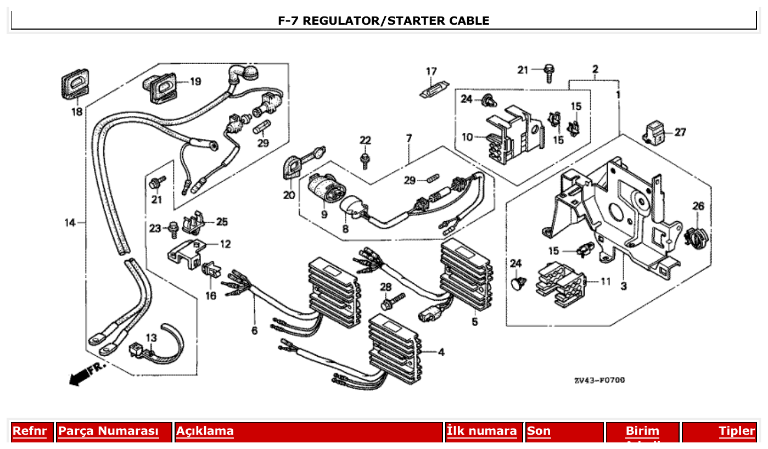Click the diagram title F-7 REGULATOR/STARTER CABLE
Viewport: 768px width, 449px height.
[383, 21]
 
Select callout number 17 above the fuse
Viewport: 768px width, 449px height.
[431, 71]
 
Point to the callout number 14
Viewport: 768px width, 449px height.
[69, 222]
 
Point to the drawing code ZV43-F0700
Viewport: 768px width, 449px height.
[599, 380]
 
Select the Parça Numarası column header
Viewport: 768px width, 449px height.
[108, 431]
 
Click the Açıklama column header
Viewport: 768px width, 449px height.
[205, 431]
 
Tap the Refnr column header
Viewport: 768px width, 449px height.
[30, 431]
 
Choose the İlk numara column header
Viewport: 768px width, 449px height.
[481, 431]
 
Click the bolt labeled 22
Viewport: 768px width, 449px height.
[365, 159]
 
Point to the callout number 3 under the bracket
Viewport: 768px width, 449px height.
[624, 285]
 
